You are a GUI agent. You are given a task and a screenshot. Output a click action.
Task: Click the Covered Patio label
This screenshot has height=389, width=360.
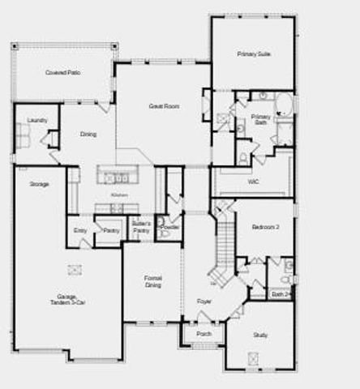tap(61, 72)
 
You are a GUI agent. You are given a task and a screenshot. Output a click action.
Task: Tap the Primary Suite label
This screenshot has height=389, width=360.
tap(254, 53)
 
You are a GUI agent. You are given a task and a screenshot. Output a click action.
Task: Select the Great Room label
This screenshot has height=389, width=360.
tap(163, 106)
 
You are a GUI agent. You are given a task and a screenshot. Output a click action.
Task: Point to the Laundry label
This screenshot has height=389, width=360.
tap(36, 121)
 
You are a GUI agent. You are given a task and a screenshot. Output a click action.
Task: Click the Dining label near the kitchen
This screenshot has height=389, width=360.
tap(87, 135)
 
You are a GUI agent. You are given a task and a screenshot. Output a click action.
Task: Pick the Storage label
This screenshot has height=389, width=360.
tap(39, 184)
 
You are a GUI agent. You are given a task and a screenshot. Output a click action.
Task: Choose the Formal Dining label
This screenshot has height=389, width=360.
tap(153, 280)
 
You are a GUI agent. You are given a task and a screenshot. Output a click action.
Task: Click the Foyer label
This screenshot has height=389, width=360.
tap(204, 301)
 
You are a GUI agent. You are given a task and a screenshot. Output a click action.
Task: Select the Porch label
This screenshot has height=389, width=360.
tap(204, 333)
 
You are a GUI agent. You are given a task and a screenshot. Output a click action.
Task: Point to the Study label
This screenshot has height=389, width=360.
tap(260, 334)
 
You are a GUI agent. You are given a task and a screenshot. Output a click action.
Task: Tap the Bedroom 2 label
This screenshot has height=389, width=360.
tap(265, 228)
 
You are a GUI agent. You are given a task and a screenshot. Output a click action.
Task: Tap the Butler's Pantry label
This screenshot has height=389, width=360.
tap(141, 228)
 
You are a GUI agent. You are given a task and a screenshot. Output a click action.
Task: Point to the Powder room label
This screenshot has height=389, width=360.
tap(170, 227)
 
